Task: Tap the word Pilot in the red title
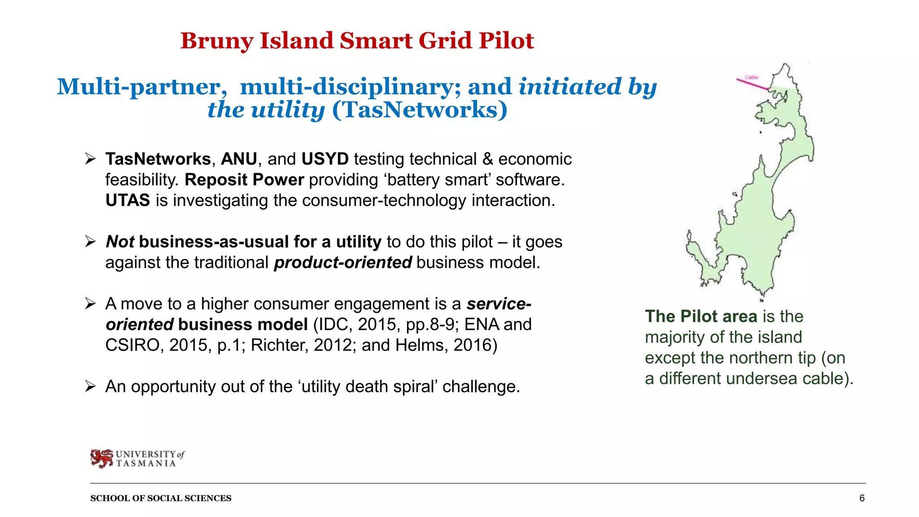[x=506, y=41]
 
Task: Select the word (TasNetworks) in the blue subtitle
[x=420, y=110]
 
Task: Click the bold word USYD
[x=325, y=159]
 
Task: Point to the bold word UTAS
[x=128, y=201]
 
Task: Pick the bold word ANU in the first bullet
[x=239, y=159]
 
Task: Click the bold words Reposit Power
[x=244, y=180]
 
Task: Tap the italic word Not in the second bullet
[x=120, y=242]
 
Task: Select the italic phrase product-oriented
[x=343, y=263]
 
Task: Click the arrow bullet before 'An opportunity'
[x=91, y=386]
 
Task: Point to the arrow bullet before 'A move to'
[x=91, y=304]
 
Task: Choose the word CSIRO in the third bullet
[x=132, y=345]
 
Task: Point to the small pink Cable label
[x=752, y=77]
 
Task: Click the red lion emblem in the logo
[x=102, y=458]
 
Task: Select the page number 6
[x=862, y=498]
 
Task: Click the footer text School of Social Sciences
[x=161, y=498]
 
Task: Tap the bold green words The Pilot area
[x=701, y=316]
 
